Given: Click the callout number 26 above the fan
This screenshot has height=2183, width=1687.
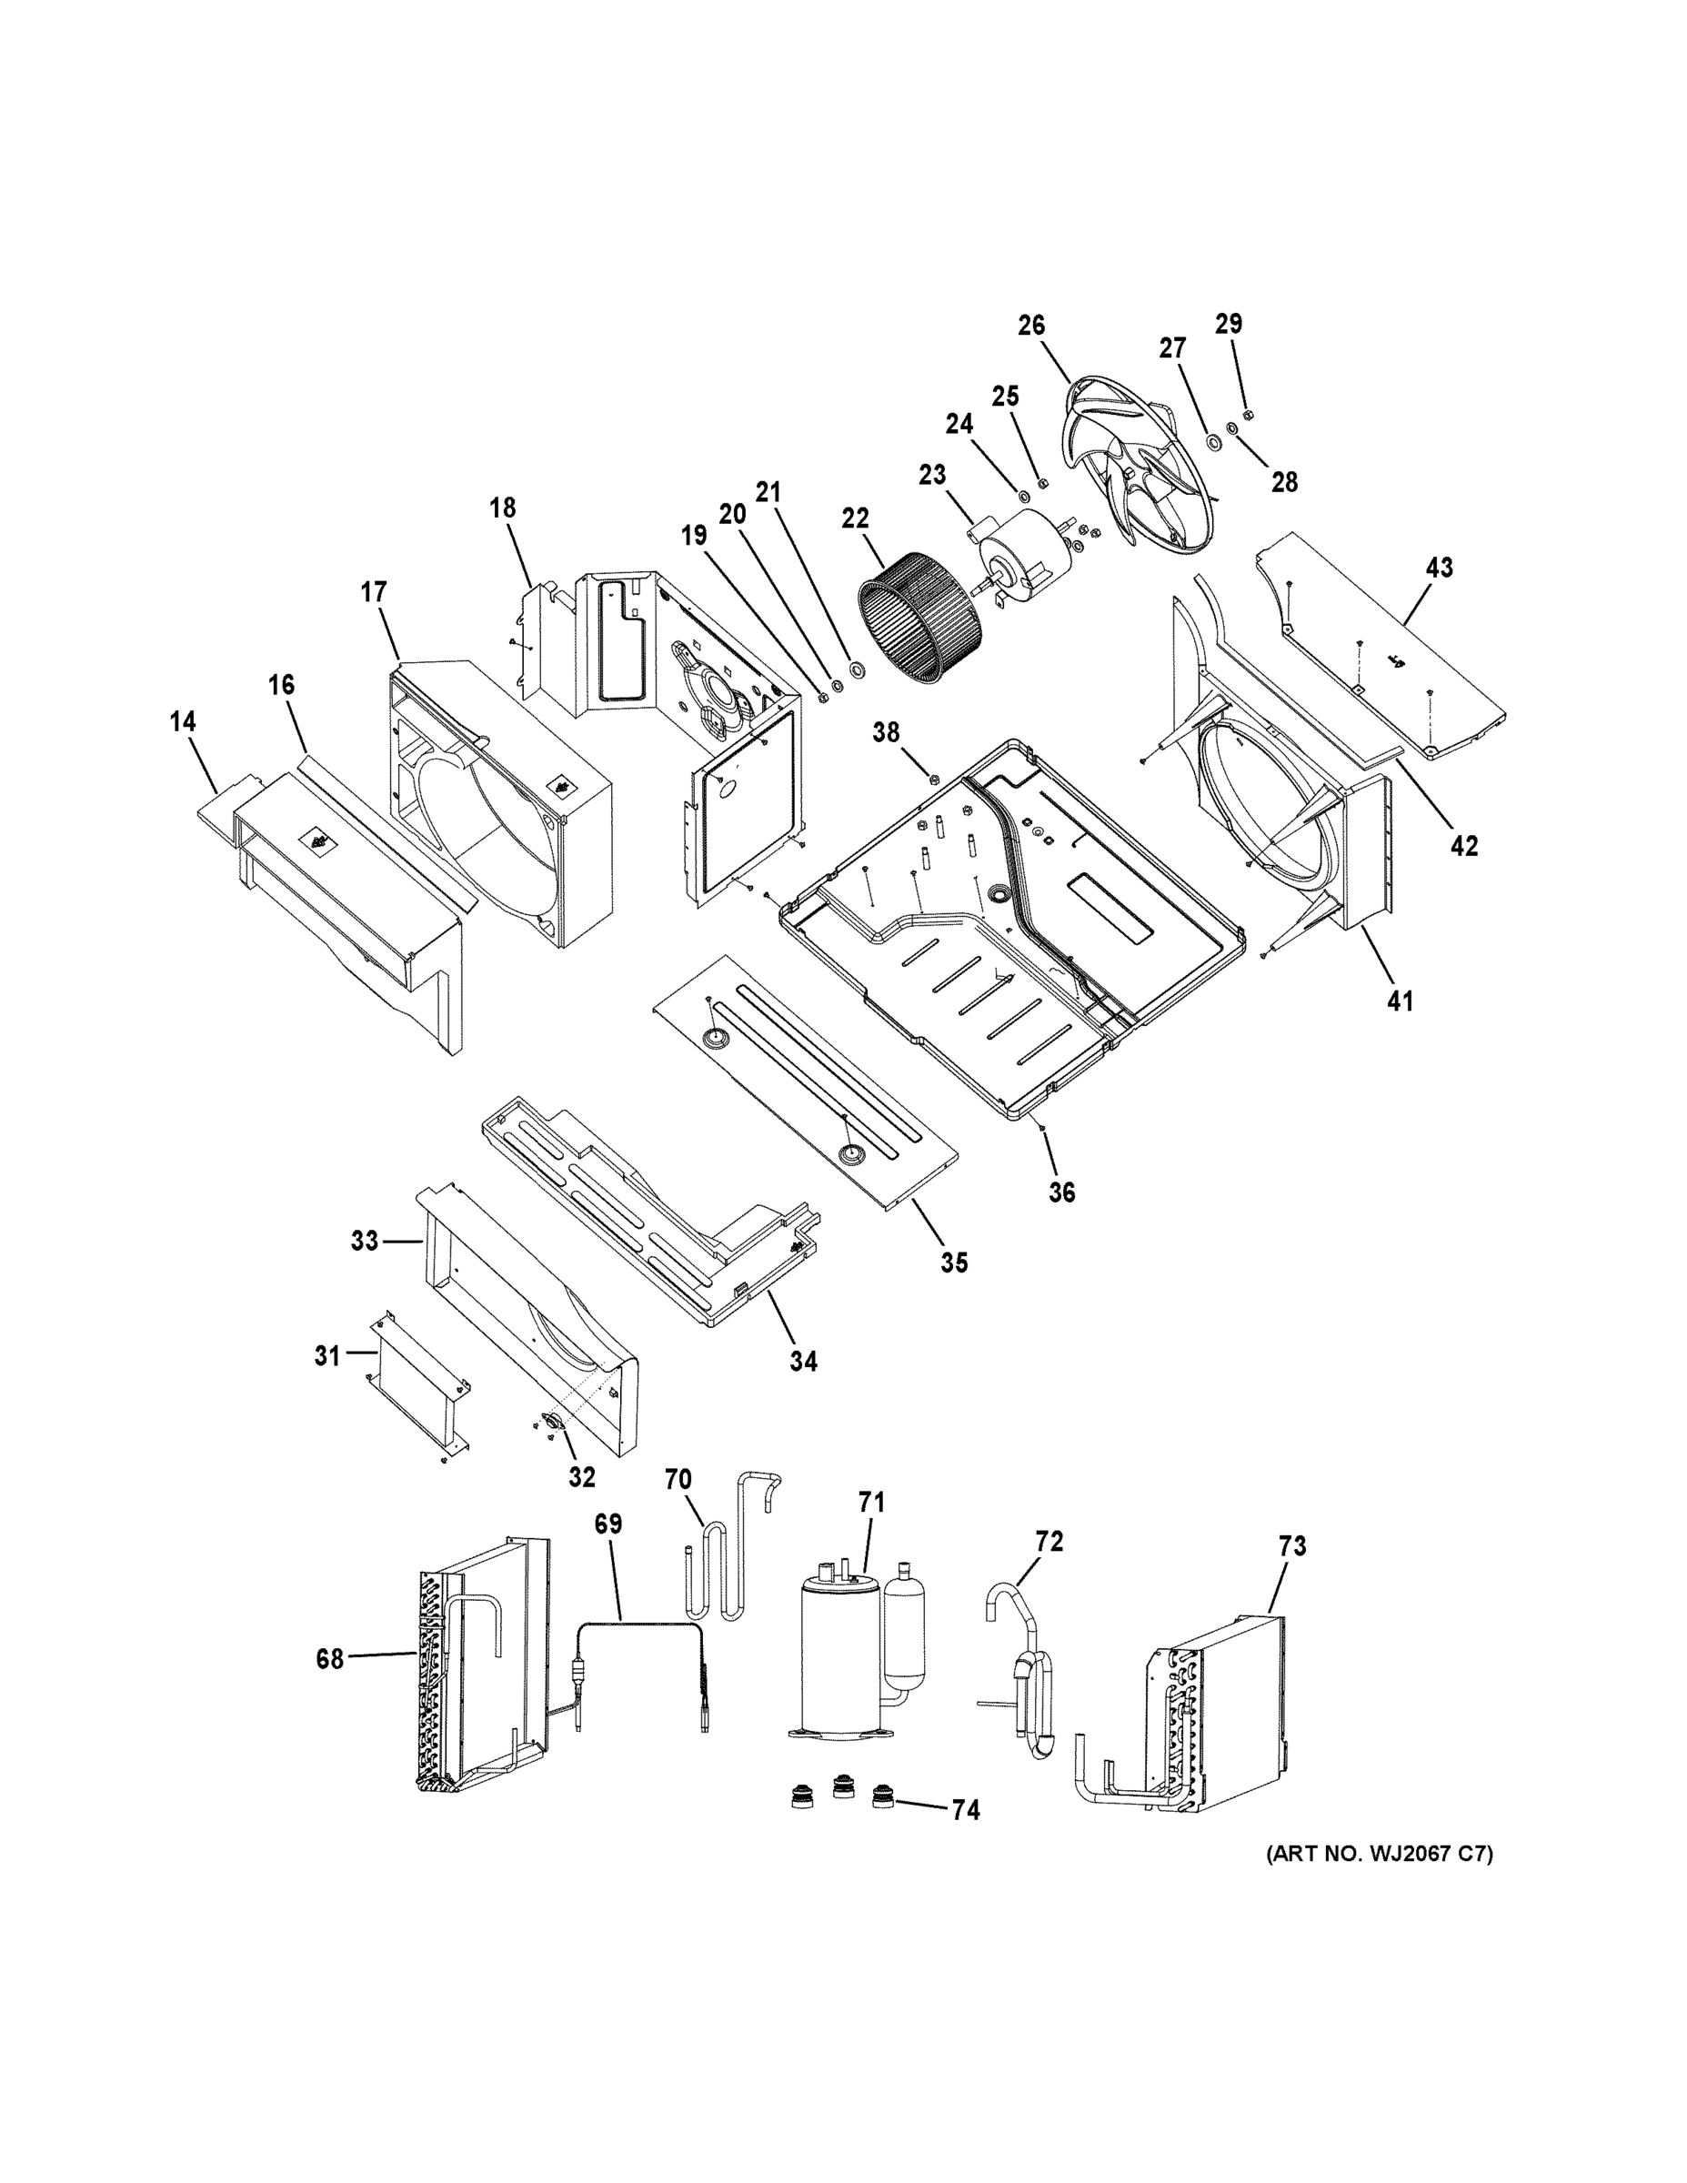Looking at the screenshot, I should (x=1031, y=325).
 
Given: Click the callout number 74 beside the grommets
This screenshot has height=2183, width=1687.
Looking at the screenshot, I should (x=966, y=1810).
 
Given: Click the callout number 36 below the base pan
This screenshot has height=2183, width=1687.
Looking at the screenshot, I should (x=1061, y=1192).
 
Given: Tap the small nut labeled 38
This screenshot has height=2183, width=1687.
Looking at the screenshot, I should (x=932, y=779).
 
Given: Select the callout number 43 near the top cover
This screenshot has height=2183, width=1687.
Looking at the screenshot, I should (x=1438, y=568).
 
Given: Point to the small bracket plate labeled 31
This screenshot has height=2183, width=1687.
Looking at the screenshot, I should (x=417, y=1383).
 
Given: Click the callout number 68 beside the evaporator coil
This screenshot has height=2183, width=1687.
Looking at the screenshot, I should (x=330, y=1659).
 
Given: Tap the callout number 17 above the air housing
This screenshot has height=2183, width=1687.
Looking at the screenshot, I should (x=373, y=593).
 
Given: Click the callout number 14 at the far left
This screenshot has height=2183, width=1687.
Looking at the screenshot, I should (x=183, y=721).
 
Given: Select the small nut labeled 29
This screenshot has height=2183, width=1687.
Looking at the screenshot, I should (x=1247, y=415).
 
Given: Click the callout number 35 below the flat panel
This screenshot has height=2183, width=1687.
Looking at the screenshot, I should (x=954, y=1263).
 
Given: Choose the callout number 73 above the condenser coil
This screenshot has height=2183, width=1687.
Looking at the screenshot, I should (x=1292, y=1546).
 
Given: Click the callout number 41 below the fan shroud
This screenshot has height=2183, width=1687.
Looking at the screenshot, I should (x=1401, y=1000).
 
